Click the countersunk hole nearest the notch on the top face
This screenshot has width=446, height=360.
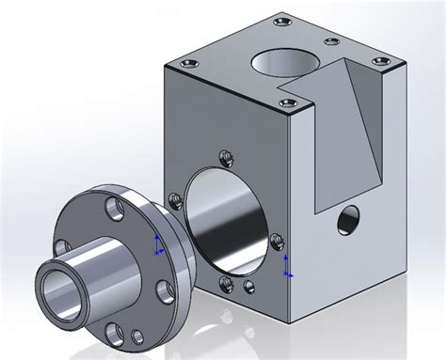click(330, 40)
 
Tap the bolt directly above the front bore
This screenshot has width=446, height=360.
click(224, 157)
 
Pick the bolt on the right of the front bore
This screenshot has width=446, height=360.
click(278, 239)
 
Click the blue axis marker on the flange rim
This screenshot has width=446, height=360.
click(157, 246)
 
